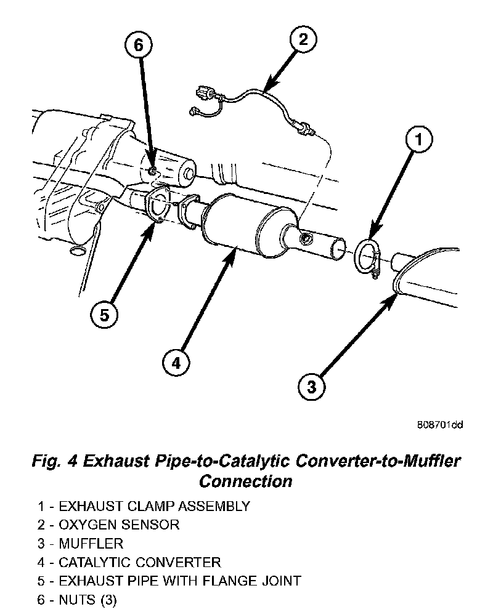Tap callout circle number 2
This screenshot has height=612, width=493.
coord(303,41)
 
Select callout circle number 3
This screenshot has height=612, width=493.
coord(311,387)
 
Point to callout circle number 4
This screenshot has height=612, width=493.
coord(176,363)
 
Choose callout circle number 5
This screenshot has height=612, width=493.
coord(104,315)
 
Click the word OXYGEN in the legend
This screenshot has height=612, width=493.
coord(86,525)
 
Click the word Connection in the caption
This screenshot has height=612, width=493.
coord(246,480)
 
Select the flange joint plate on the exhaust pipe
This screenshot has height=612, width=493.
coord(157,207)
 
